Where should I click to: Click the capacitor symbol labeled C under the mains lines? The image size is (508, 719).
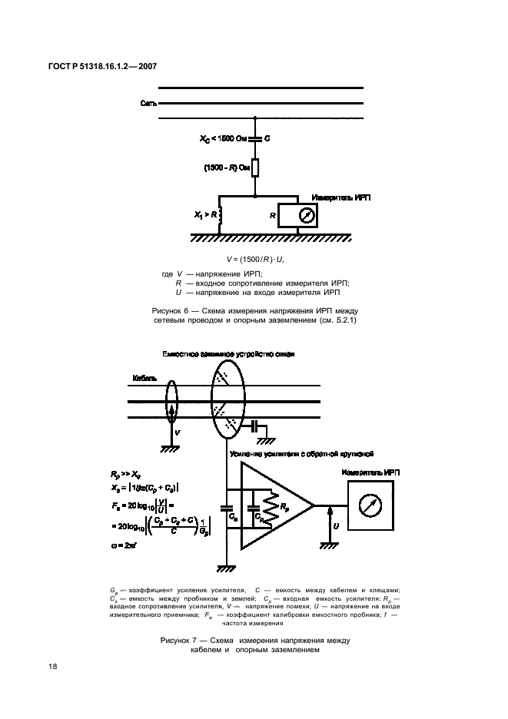tap(254, 139)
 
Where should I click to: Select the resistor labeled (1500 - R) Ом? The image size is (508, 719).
tap(254, 167)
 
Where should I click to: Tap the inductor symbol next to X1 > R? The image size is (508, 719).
tap(221, 217)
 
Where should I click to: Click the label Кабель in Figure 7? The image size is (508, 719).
tap(144, 379)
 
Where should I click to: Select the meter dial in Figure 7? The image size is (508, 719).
tap(370, 505)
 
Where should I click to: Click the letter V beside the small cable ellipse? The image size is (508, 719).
tap(179, 433)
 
